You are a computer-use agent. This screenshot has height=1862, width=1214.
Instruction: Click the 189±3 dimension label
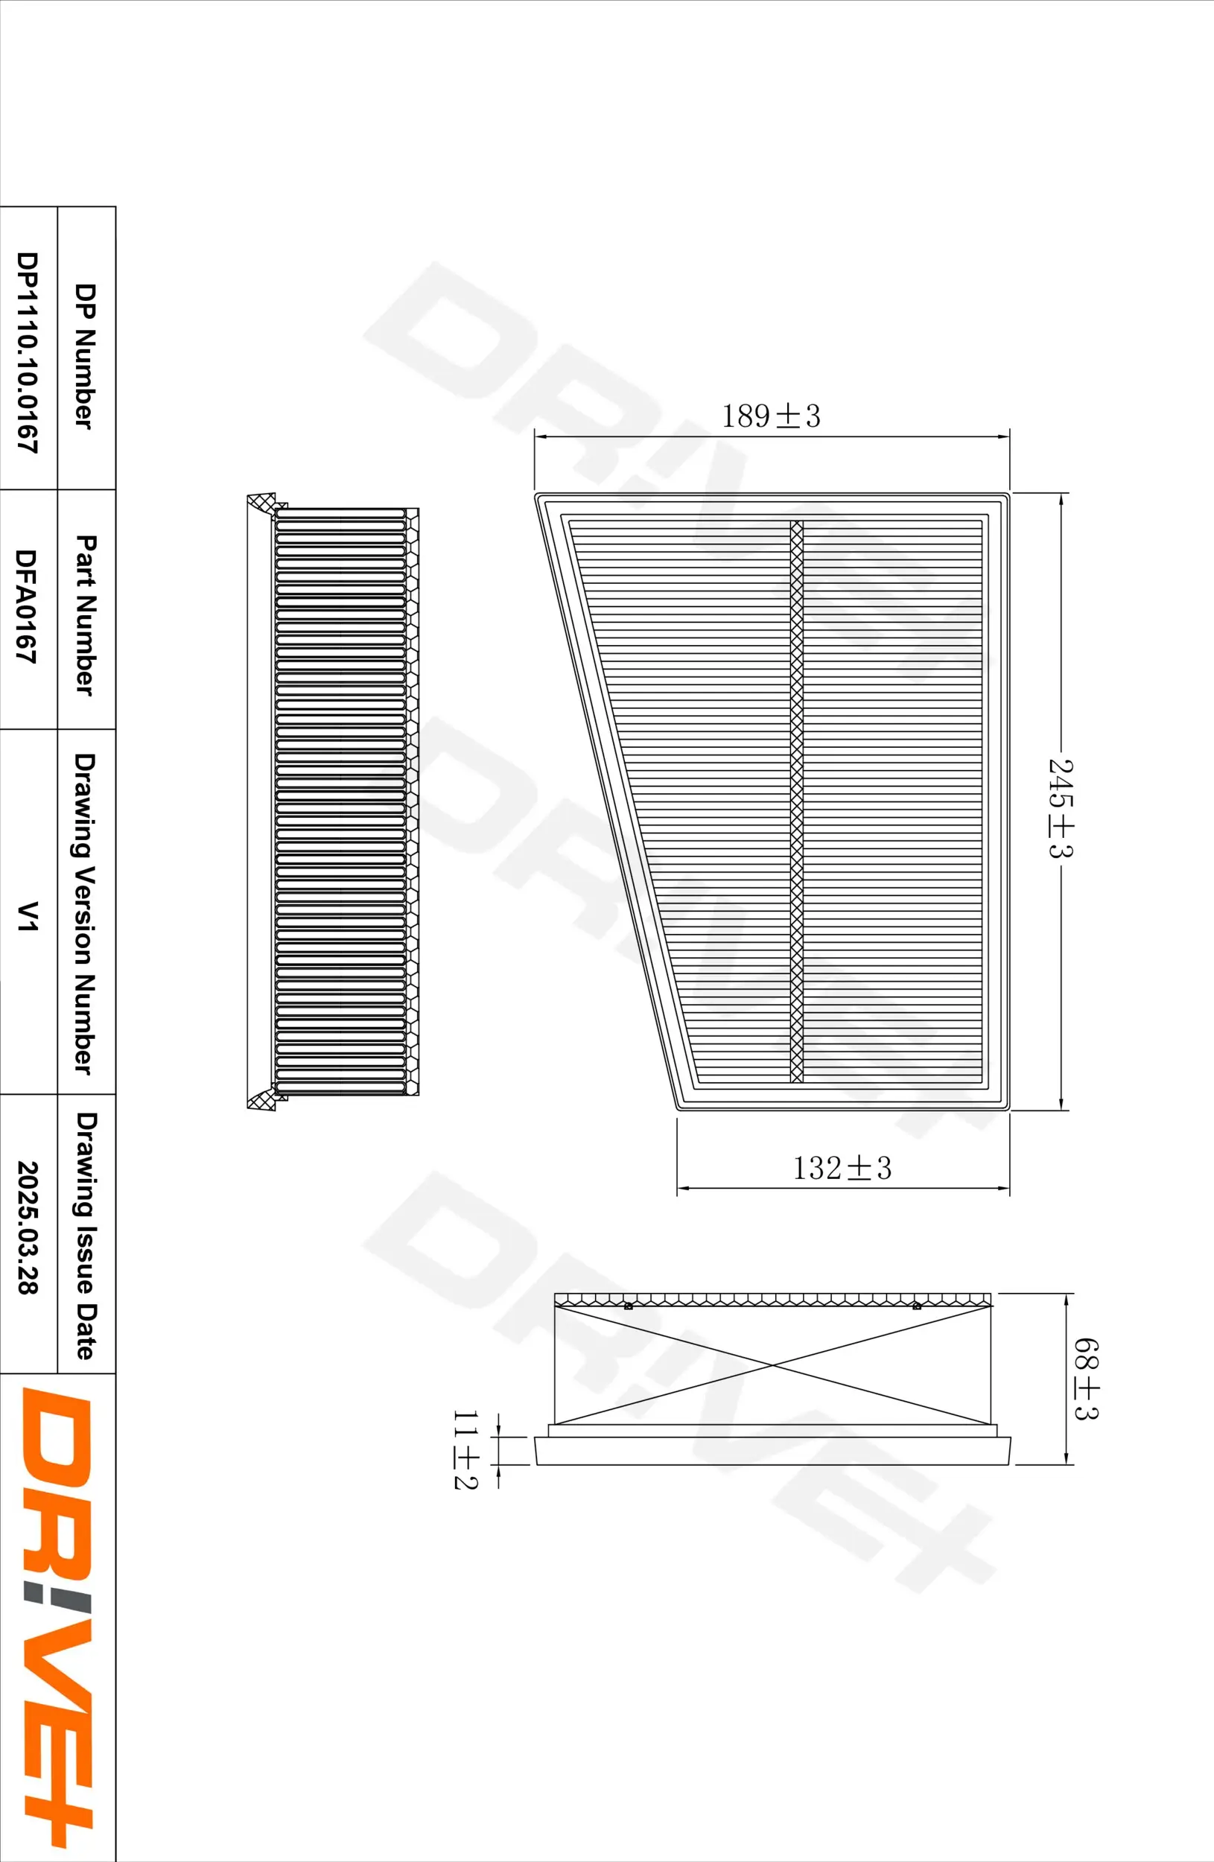pos(771,416)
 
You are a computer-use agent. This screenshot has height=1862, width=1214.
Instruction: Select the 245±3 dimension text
pos(1061,807)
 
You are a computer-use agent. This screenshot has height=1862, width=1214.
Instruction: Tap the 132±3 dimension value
pos(842,1169)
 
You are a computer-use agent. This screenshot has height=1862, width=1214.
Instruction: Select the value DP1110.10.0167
pos(28,352)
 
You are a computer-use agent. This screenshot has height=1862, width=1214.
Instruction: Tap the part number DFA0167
pos(27,607)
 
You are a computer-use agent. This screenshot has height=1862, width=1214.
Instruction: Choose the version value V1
pos(28,915)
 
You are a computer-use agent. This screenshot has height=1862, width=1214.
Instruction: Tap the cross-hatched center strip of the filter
pos(796,802)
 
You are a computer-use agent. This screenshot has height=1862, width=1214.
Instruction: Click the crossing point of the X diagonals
pos(773,1365)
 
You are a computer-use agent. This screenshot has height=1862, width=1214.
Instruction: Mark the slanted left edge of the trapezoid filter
pos(606,802)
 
